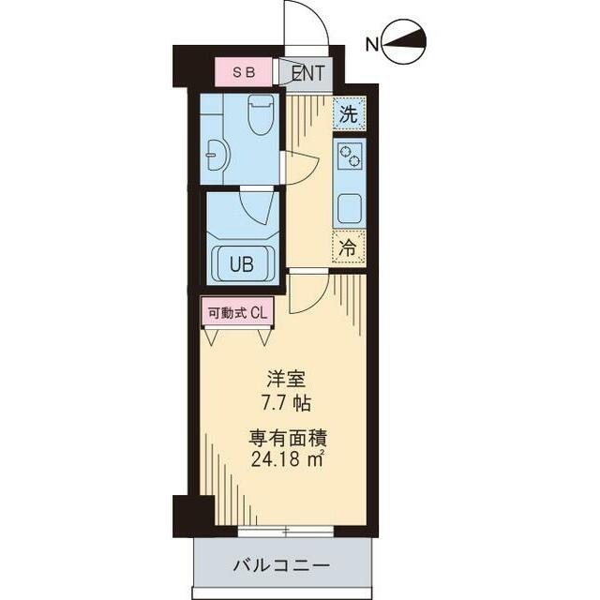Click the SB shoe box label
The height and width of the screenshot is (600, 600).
click(x=244, y=71)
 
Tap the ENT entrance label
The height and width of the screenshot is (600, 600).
click(x=306, y=72)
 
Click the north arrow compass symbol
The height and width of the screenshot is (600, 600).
click(x=405, y=41)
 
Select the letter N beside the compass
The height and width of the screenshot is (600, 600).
click(x=372, y=43)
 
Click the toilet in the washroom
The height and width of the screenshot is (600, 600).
click(x=260, y=116)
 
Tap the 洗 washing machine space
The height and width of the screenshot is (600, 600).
click(x=349, y=116)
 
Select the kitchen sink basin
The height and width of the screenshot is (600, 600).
click(x=350, y=208)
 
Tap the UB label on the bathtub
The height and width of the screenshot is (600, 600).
click(x=242, y=264)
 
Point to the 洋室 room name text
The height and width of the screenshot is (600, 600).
click(x=287, y=381)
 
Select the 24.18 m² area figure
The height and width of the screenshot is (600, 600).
click(x=288, y=458)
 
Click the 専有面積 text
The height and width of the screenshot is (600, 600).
click(x=288, y=437)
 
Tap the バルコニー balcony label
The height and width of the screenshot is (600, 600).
click(x=280, y=566)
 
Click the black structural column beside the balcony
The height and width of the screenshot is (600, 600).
click(x=194, y=514)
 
